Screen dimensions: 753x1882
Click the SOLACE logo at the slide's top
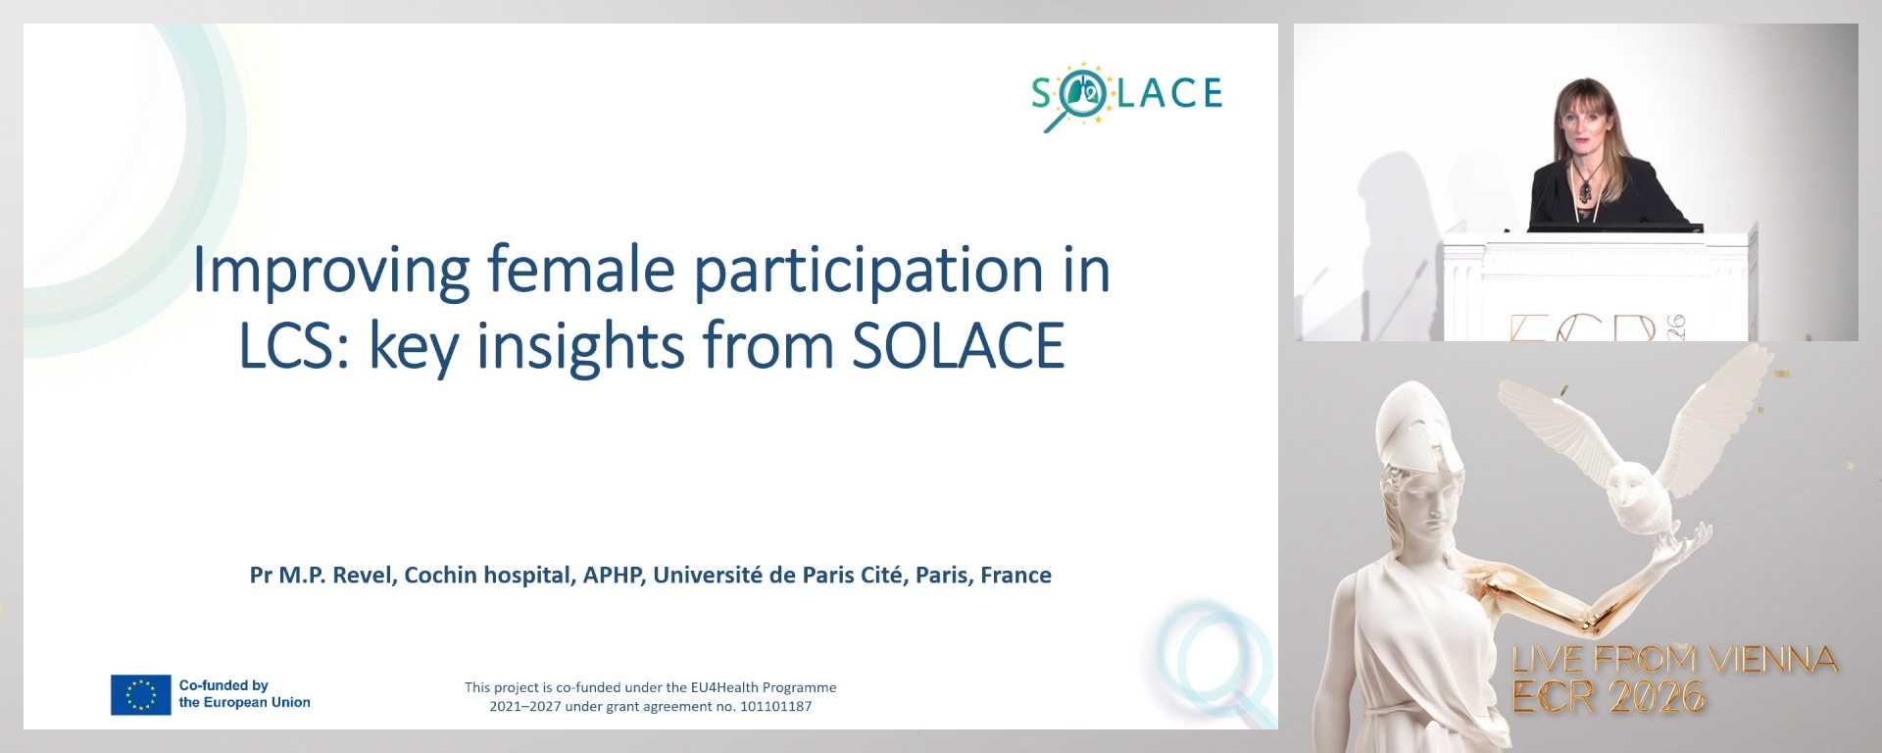tap(1126, 95)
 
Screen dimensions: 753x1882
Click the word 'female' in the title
tap(580, 269)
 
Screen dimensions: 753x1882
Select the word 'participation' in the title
tap(868, 271)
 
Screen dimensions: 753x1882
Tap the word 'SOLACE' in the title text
tap(958, 346)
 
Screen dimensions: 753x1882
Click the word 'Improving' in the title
tap(330, 271)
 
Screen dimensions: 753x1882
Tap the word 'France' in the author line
tap(1015, 576)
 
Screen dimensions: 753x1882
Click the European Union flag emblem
tap(141, 694)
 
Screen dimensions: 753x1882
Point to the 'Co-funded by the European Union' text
tap(244, 694)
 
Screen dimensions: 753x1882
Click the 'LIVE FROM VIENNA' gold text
tap(1674, 660)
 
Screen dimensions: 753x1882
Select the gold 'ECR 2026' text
tap(1609, 697)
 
